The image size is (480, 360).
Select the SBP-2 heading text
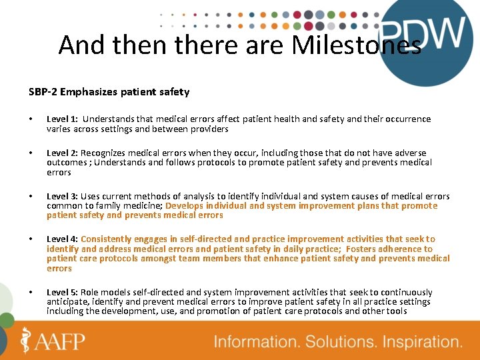point(109,92)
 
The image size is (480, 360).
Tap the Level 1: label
point(63,119)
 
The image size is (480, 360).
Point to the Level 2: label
point(63,153)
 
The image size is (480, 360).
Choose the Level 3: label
point(63,197)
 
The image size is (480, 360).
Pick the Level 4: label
point(63,239)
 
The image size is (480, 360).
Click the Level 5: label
point(63,293)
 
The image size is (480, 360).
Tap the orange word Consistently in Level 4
point(109,239)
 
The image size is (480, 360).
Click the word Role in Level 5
point(91,293)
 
